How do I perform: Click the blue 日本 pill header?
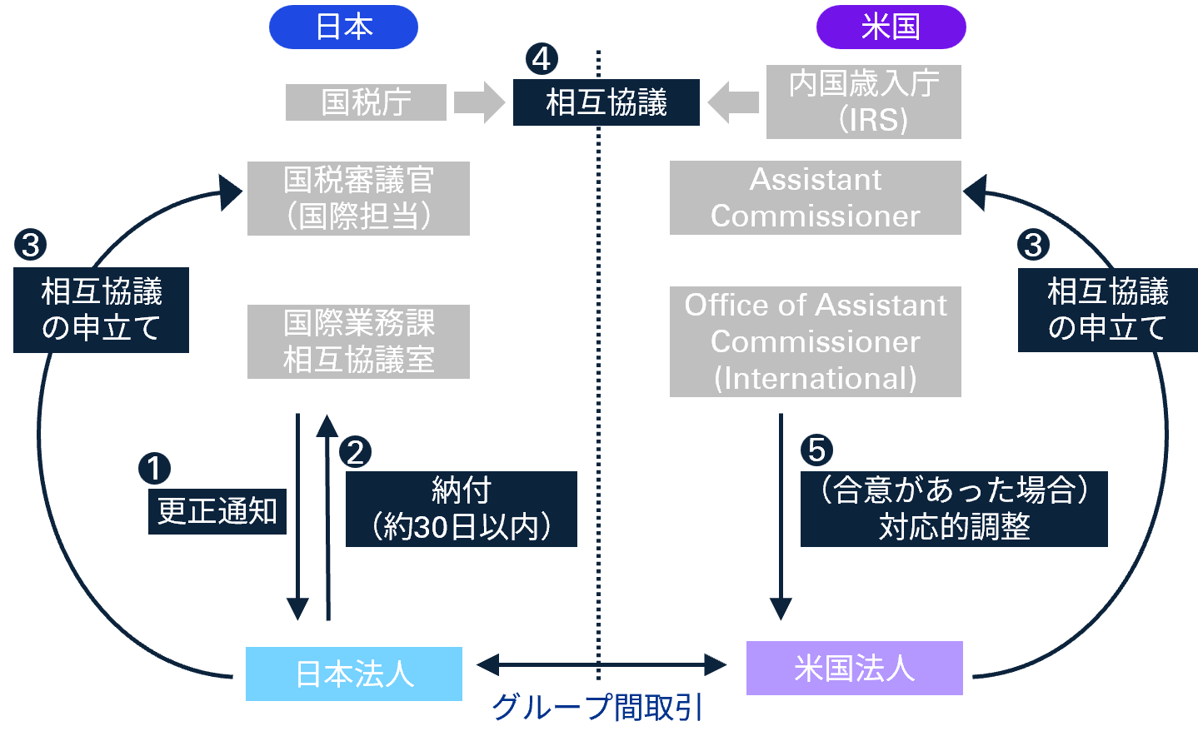point(343,27)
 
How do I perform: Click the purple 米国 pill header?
point(891,27)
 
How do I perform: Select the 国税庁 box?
point(366,102)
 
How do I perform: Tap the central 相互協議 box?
point(606,102)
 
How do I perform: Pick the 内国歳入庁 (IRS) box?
point(863,102)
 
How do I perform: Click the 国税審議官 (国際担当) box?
point(358,198)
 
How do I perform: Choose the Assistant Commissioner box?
point(815,198)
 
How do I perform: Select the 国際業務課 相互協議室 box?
point(358,341)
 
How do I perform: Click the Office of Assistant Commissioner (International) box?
point(815,341)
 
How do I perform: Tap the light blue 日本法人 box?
point(353,674)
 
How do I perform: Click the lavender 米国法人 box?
point(854,668)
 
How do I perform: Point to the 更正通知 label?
point(217,511)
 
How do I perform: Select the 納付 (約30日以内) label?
point(461,509)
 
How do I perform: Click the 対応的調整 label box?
point(954,509)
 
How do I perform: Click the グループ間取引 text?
point(597,708)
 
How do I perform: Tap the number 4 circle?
point(542,59)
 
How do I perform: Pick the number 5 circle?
point(816,450)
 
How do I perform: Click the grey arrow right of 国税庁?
point(480,102)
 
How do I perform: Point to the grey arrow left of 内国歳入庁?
point(733,102)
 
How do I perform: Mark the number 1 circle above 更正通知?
point(154,469)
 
